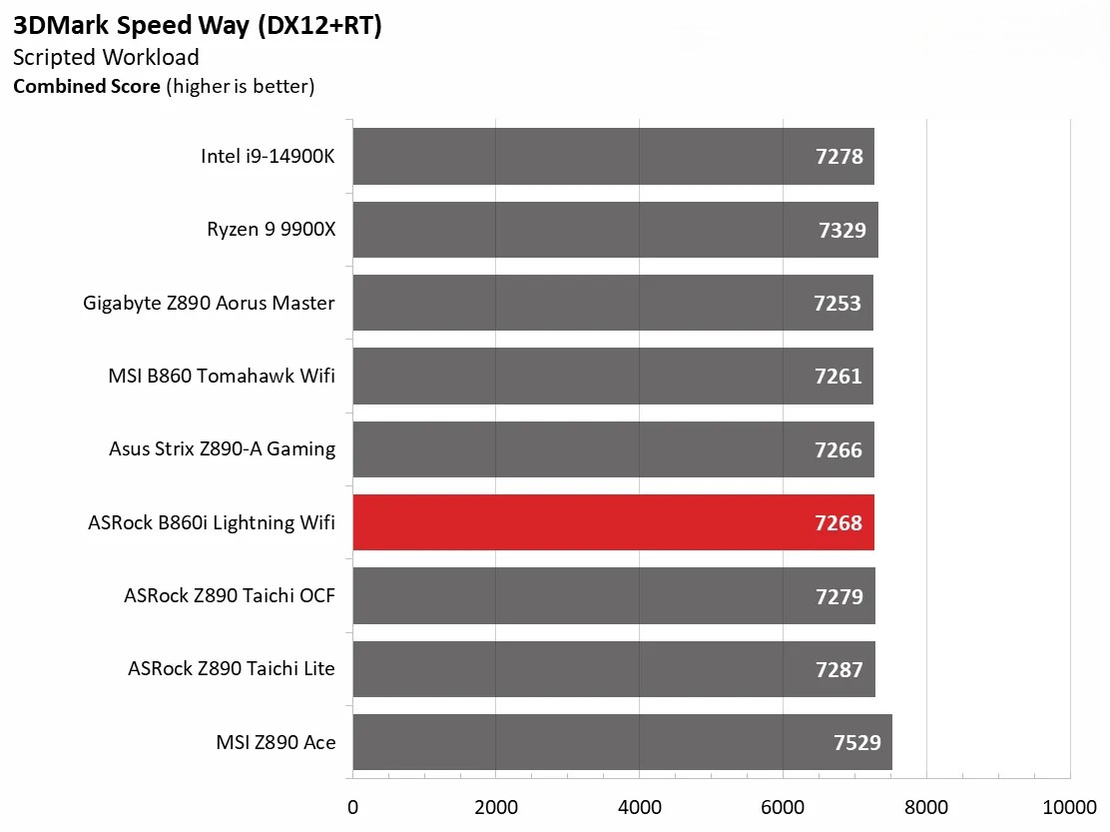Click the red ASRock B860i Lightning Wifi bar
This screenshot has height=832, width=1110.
613,522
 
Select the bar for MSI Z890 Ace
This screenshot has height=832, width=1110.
622,742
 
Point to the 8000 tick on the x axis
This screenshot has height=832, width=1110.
926,806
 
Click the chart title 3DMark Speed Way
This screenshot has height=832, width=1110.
198,26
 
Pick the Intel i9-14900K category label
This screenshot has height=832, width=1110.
268,156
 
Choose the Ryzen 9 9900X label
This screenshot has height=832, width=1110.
272,230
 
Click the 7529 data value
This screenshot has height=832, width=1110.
857,742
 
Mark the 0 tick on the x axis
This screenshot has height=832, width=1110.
352,806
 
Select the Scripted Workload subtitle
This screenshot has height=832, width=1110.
106,57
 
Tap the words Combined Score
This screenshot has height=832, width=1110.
86,86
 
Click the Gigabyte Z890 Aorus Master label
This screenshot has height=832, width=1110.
210,303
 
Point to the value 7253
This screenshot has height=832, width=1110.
837,303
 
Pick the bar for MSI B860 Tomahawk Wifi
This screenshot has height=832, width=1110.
613,376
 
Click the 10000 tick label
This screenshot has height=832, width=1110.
1069,806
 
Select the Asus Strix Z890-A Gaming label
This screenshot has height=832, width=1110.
222,448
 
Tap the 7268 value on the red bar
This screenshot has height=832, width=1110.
838,522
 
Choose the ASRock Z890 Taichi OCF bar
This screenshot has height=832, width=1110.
614,596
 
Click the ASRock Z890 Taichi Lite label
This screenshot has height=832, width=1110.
232,669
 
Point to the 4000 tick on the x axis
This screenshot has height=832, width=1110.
640,806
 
